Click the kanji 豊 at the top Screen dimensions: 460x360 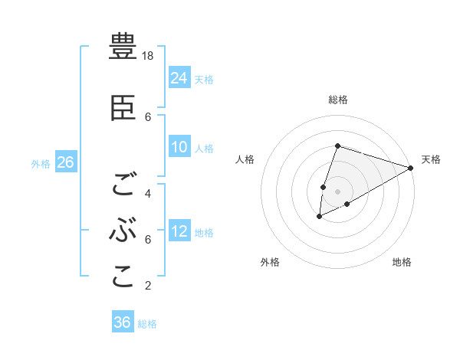pos(123,47)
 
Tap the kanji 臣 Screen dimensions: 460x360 pos(123,110)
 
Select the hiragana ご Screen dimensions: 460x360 pos(123,185)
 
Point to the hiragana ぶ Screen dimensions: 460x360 pos(123,231)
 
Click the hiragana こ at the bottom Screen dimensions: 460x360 pos(123,277)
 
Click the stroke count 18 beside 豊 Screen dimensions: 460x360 pos(149,56)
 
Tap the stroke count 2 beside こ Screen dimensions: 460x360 pos(148,286)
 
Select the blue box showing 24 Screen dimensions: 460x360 pos(179,78)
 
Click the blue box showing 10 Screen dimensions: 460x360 pos(179,148)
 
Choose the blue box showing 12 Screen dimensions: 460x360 pos(179,231)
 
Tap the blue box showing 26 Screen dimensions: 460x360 pos(65,162)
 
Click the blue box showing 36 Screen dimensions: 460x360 pos(123,322)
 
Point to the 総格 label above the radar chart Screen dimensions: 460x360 pos(337,100)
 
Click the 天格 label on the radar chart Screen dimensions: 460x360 pos(431,159)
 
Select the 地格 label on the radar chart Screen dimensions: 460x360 pos(402,262)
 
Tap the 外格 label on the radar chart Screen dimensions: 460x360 pos(270,262)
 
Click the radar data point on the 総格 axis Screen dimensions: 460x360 pos(337,146)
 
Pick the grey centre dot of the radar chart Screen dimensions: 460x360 pos(337,190)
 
